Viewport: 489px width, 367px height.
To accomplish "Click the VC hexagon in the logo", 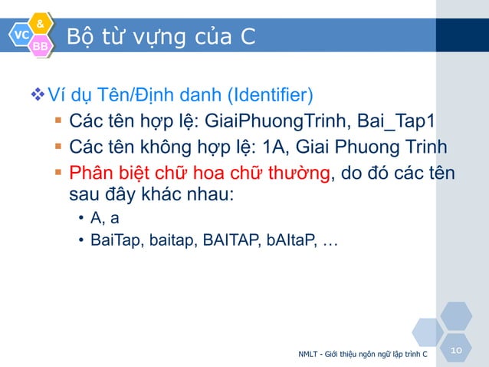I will pyautogui.click(x=21, y=35).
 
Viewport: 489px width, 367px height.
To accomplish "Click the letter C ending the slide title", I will pyautogui.click(x=247, y=36).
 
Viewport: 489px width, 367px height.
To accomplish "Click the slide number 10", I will pyautogui.click(x=457, y=350).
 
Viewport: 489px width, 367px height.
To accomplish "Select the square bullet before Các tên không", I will pyautogui.click(x=58, y=147).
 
